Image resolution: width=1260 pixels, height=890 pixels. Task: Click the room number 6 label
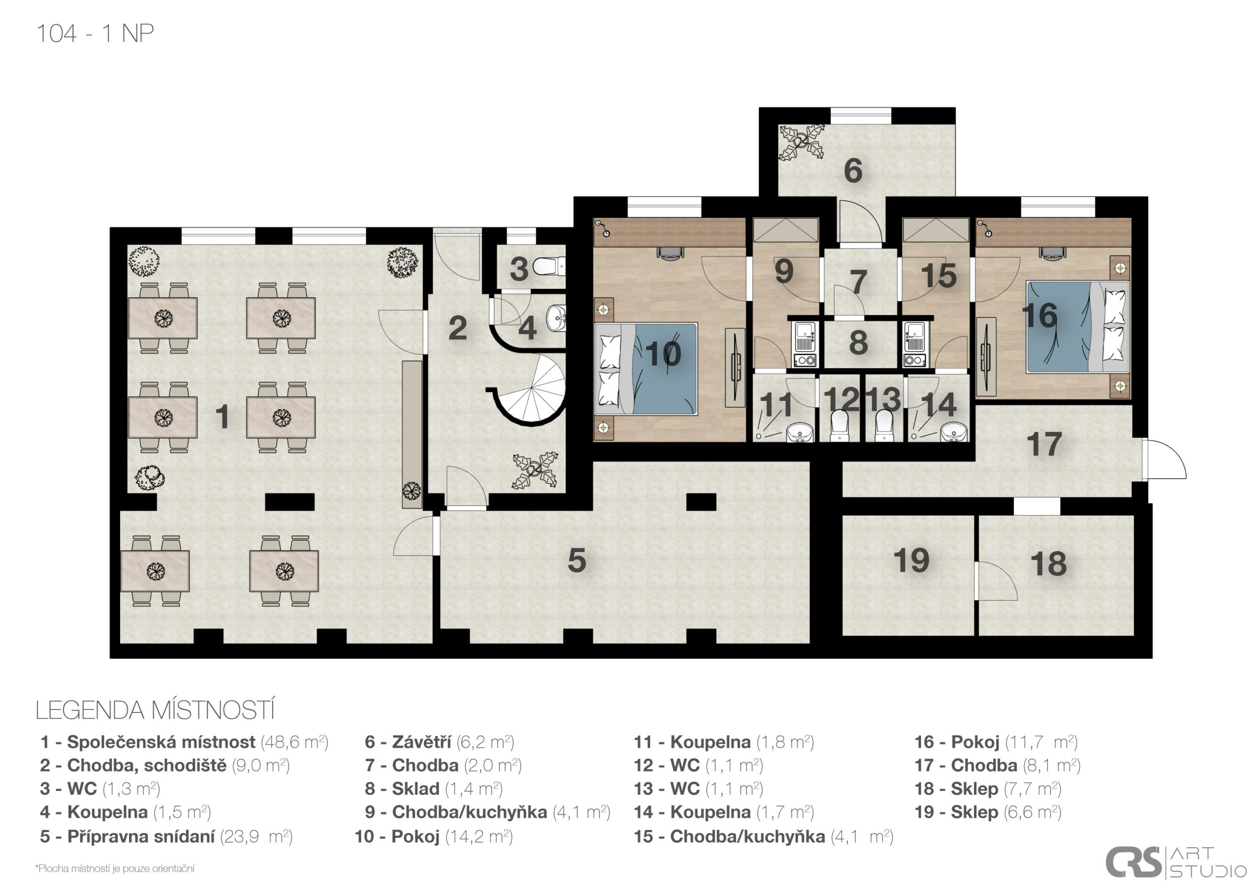point(853,170)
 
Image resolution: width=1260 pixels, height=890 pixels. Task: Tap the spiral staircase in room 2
point(535,390)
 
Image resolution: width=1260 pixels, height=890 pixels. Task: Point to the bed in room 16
point(1077,327)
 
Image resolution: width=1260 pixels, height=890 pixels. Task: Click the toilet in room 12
point(840,426)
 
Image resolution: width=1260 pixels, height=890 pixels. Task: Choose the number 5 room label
point(577,560)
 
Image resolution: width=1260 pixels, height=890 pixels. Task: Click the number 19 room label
point(912,560)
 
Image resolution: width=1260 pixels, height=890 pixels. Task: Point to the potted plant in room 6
point(802,142)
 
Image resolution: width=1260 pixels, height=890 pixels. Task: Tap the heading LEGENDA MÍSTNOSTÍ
point(155,710)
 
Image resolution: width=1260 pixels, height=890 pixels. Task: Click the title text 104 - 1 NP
point(95,33)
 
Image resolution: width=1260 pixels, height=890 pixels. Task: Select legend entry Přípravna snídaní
point(166,836)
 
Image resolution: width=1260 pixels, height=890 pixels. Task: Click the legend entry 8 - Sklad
point(434,789)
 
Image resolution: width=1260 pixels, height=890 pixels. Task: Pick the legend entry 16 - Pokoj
point(996,742)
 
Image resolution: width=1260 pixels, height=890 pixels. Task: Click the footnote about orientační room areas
point(115,869)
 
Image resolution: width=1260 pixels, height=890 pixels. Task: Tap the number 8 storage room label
point(858,342)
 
